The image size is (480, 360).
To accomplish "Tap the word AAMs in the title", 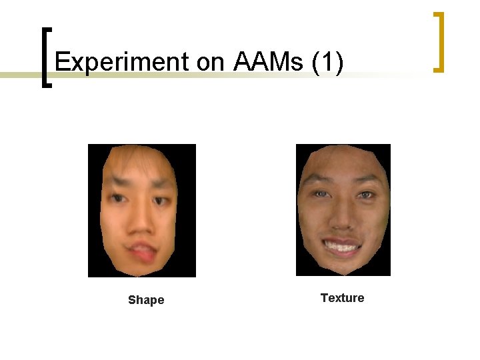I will pyautogui.click(x=269, y=62).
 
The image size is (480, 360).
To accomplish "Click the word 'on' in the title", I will pyautogui.click(x=211, y=62).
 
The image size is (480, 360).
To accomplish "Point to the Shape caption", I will pyautogui.click(x=146, y=300).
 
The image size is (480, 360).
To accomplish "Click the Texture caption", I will pyautogui.click(x=342, y=298).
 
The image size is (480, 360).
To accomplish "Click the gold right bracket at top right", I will pyautogui.click(x=438, y=41).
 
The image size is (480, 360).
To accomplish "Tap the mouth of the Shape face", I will pyautogui.click(x=142, y=251).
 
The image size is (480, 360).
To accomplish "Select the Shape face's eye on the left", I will pyautogui.click(x=118, y=199).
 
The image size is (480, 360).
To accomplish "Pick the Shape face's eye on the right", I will pyautogui.click(x=161, y=200).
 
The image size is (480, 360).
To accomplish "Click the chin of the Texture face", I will pyautogui.click(x=342, y=265).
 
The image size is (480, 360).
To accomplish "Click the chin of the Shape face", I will pyautogui.click(x=141, y=267).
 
